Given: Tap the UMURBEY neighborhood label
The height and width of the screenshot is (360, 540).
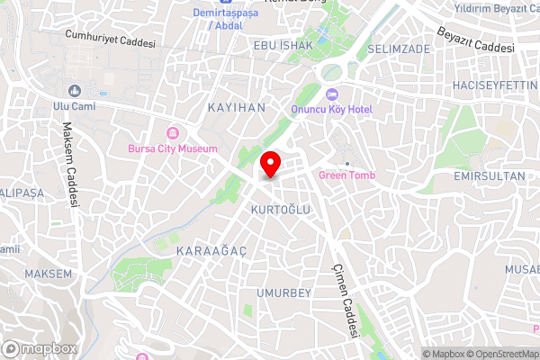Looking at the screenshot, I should tap(283, 293).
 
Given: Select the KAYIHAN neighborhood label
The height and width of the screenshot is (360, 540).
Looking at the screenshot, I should tap(237, 106).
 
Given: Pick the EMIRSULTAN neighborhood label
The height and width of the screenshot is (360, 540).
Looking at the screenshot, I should tap(489, 176).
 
